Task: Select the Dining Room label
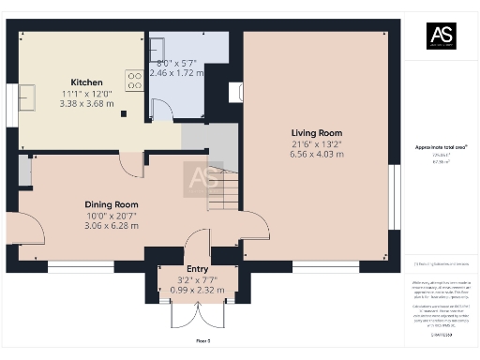click(x=112, y=204)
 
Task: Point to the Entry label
click(x=198, y=268)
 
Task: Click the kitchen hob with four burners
click(x=133, y=82)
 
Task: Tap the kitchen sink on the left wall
click(x=26, y=97)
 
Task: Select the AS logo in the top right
click(x=441, y=37)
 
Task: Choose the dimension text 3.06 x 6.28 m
click(x=112, y=225)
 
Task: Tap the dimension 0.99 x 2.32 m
click(x=198, y=289)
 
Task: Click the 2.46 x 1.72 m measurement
click(x=179, y=72)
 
